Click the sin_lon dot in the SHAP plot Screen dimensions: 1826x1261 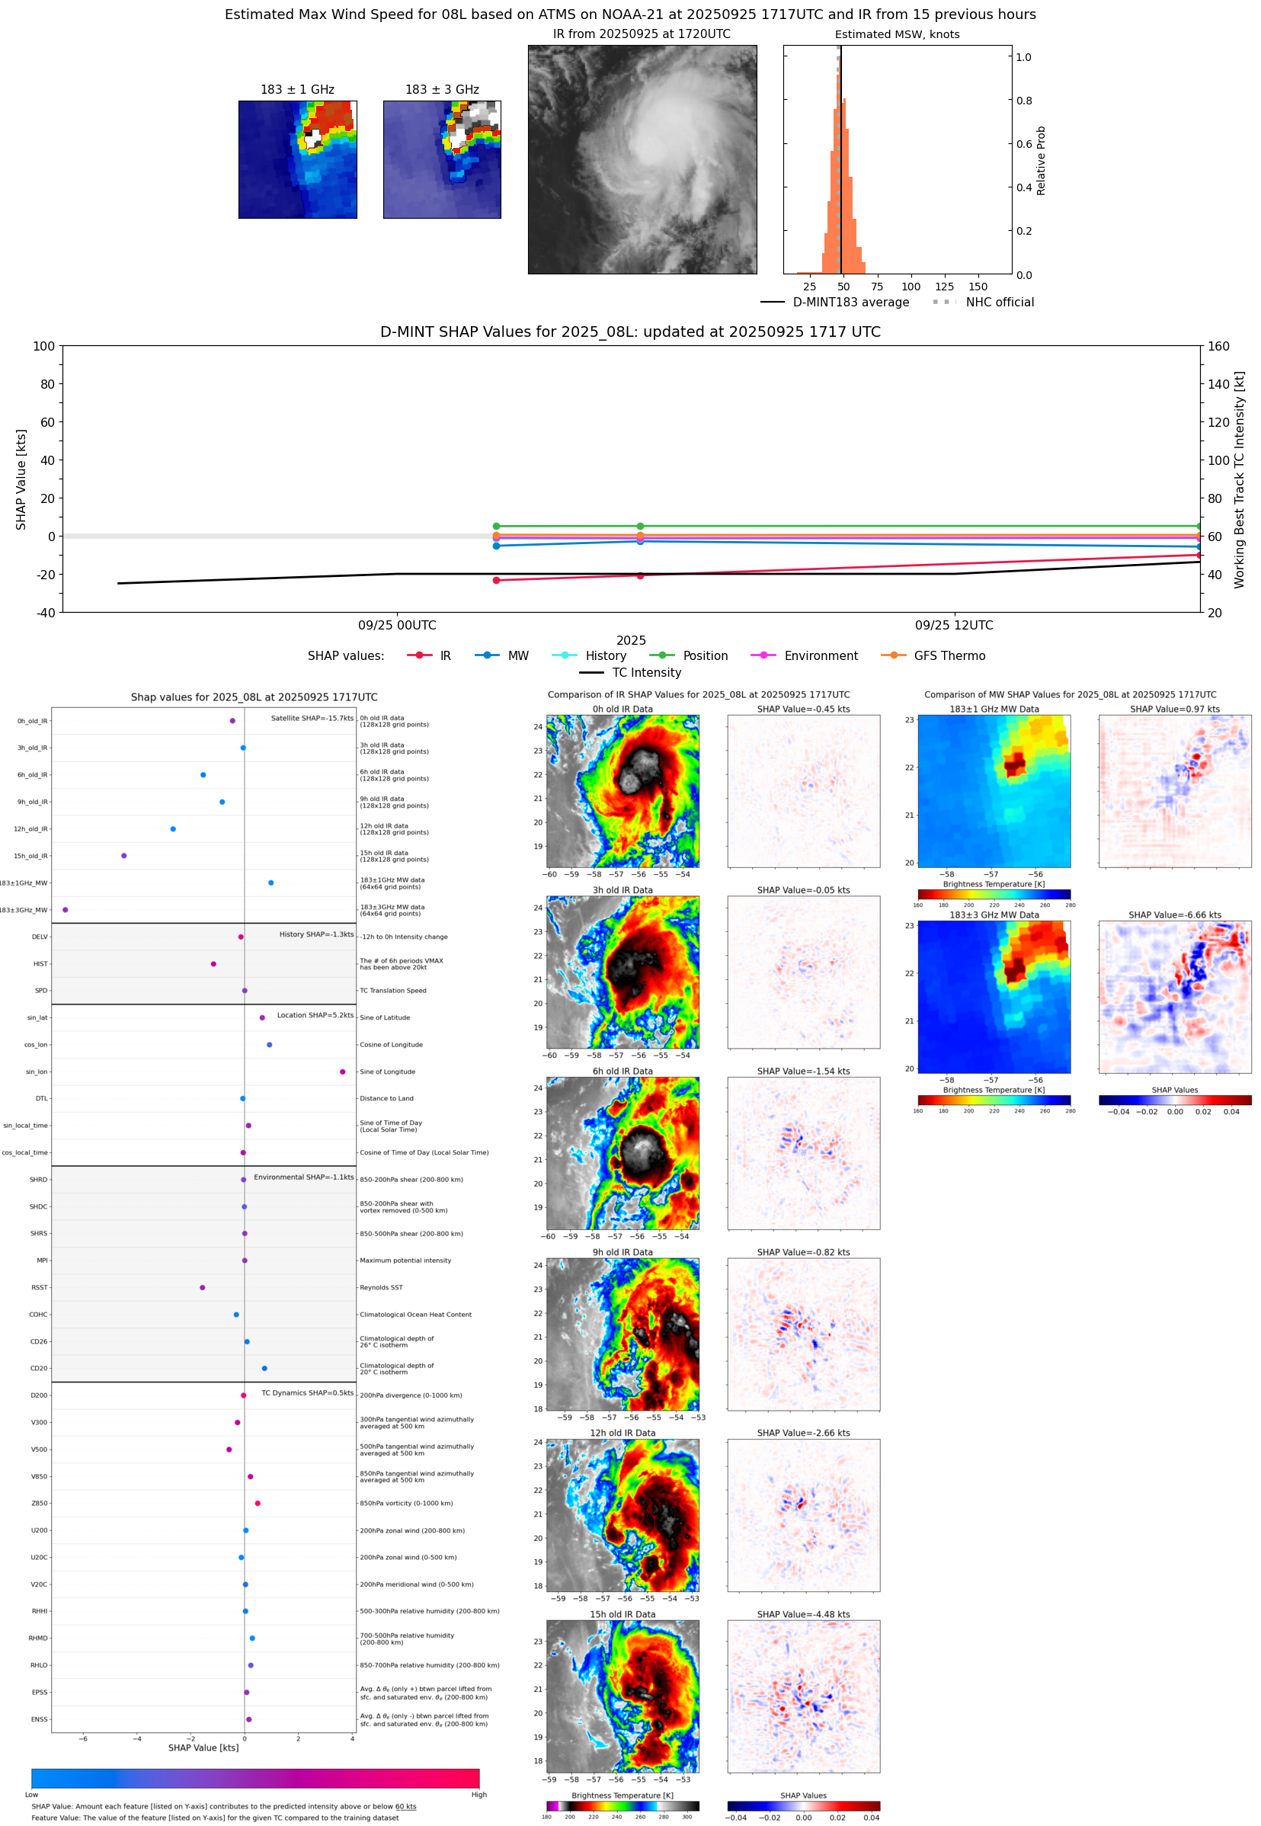(342, 1072)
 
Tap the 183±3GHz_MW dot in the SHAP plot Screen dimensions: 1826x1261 (65, 909)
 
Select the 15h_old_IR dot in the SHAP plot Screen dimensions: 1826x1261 (124, 856)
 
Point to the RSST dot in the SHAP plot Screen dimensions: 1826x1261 (202, 1287)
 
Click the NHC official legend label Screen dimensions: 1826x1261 (1000, 302)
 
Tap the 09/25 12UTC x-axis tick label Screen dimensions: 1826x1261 (954, 625)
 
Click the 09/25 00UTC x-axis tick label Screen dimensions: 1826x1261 (397, 625)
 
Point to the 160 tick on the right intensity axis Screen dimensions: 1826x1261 (1218, 346)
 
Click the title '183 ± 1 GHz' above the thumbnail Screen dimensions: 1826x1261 (297, 90)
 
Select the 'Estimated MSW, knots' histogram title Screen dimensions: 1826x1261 (897, 35)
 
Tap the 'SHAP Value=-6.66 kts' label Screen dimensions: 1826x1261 (1174, 915)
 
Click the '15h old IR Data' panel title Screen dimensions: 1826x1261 (622, 1614)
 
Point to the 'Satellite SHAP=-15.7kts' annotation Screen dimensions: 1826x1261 (312, 718)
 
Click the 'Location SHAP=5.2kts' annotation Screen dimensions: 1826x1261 (315, 1015)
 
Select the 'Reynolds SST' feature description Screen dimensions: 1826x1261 (381, 1287)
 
